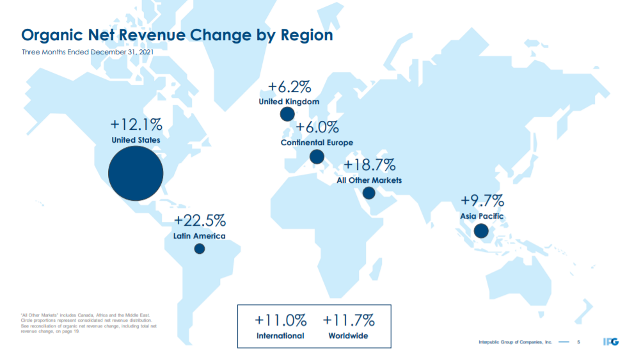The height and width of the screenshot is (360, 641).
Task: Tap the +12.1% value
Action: (136, 124)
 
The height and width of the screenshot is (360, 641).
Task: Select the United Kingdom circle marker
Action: (287, 114)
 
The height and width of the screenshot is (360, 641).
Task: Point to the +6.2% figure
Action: (289, 87)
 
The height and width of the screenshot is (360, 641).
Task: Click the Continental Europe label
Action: (317, 143)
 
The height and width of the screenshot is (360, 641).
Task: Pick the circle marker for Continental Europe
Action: (317, 157)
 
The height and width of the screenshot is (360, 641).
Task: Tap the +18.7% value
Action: (370, 165)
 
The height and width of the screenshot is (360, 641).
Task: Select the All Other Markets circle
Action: (368, 193)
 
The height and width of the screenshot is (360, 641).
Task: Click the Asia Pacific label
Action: (482, 216)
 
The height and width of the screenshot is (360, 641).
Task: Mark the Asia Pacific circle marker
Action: (481, 231)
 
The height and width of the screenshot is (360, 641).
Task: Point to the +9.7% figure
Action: (482, 201)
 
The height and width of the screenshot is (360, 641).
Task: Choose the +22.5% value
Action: (200, 221)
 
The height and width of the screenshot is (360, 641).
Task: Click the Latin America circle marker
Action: (200, 249)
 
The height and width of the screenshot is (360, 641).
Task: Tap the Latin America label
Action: (200, 237)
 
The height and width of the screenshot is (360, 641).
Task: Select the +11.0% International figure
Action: (280, 320)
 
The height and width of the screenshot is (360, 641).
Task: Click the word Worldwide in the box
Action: (348, 336)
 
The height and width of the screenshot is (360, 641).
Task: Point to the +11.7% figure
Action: (349, 320)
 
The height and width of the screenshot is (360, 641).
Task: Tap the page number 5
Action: (578, 343)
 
